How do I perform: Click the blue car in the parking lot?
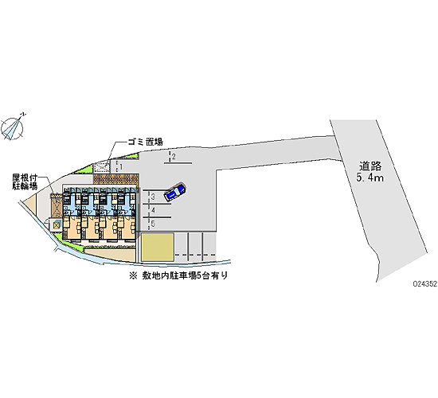point(175,192)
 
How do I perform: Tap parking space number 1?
point(121,166)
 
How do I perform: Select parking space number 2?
point(174,156)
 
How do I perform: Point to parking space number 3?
point(153,197)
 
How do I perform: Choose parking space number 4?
point(154,210)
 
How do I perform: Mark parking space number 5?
point(154,224)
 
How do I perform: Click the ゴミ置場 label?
point(145,142)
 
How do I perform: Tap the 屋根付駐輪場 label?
point(25,181)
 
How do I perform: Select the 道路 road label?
point(370,166)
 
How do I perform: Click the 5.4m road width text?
point(370,178)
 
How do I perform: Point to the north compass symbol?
point(12,128)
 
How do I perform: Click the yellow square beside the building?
point(157,248)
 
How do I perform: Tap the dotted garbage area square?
point(101,169)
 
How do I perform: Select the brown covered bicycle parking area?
point(57,205)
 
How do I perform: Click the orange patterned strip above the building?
point(116,179)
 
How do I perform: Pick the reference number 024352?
point(425,283)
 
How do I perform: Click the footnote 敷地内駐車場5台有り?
point(178,275)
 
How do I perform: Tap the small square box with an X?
point(57,224)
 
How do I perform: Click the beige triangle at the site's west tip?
point(31,204)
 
